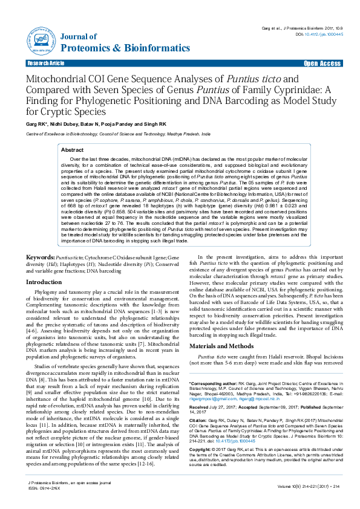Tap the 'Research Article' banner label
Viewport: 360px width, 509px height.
(x=46, y=63)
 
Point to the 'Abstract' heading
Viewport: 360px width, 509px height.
(x=73, y=149)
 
